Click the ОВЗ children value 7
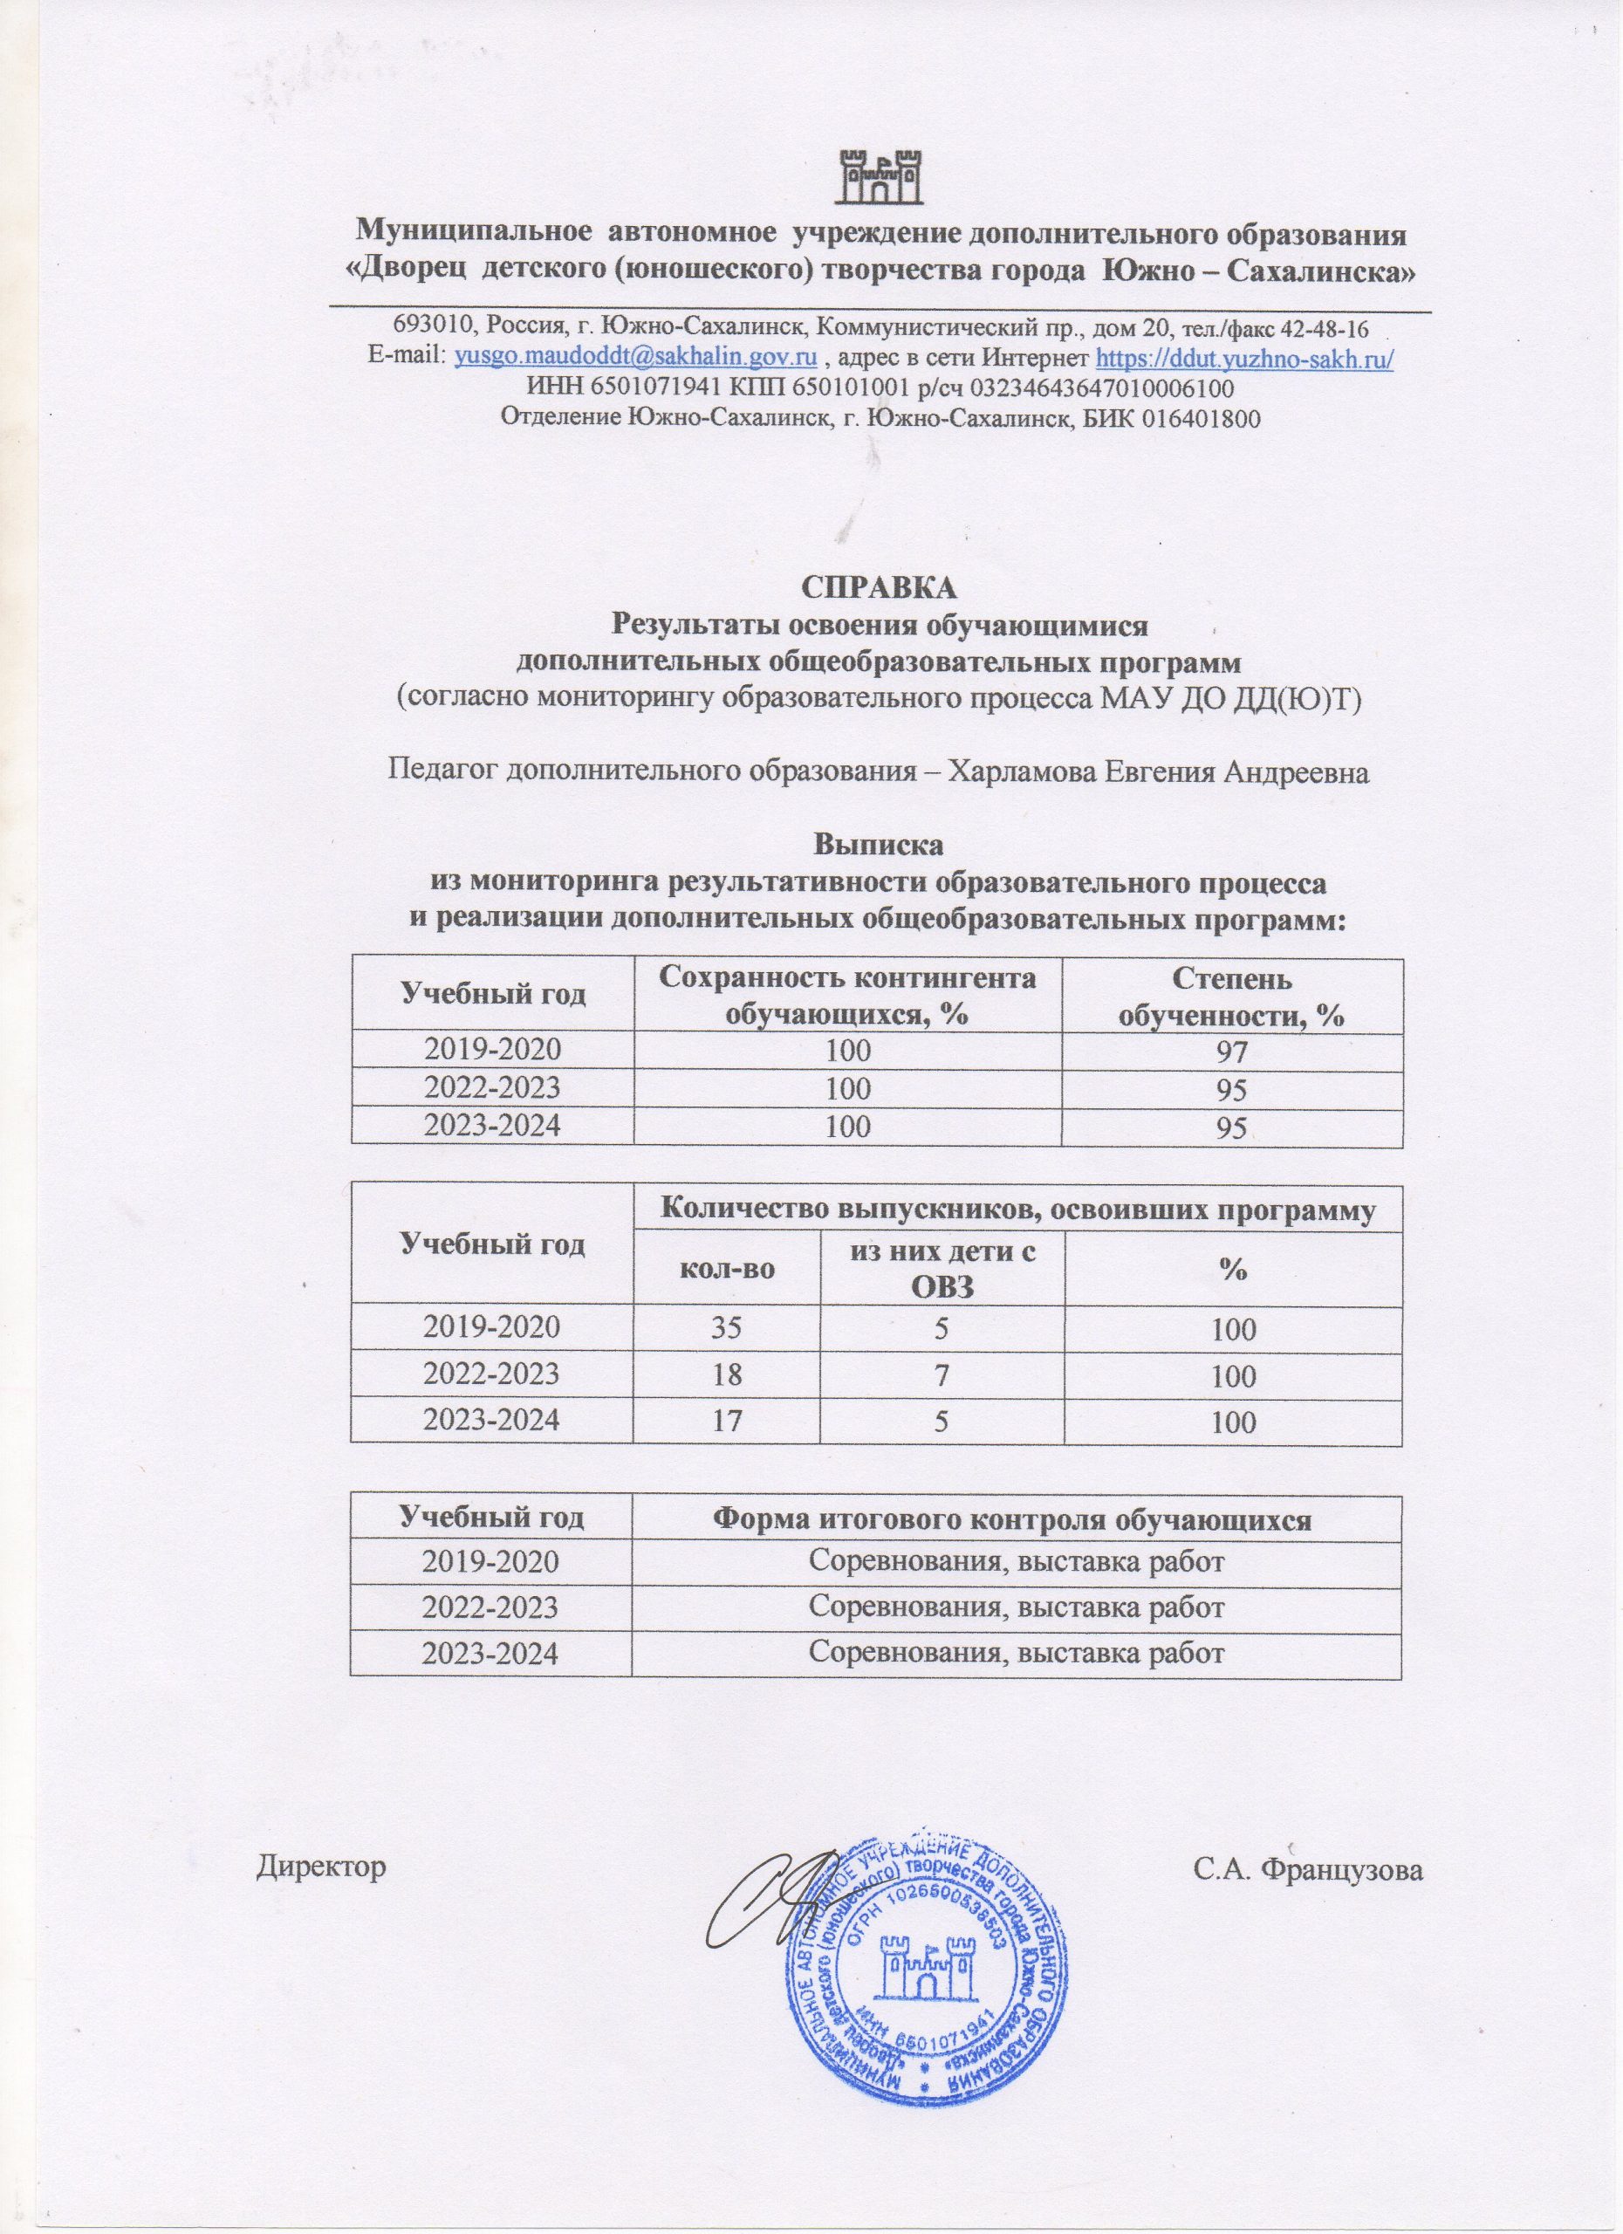point(941,1374)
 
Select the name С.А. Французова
point(1308,1867)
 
